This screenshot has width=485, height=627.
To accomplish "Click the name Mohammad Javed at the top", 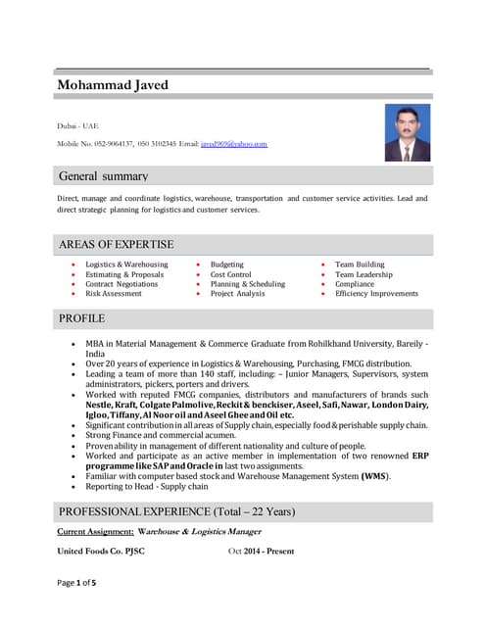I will point(113,85).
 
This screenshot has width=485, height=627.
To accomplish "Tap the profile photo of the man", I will point(407,132).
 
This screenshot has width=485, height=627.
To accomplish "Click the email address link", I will point(234,144).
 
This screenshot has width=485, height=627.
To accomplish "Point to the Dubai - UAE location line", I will point(77,125).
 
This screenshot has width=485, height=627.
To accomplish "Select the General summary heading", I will point(104,176).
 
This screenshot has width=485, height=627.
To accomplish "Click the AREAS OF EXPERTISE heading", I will point(116,244).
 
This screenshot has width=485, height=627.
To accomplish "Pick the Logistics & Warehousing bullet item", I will point(126,265).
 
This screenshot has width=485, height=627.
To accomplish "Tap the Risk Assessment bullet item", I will point(113,294).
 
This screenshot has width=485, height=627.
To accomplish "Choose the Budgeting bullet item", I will point(226,265).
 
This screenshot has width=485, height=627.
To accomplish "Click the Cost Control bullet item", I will point(230,274).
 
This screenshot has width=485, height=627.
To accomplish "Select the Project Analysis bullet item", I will point(237,294).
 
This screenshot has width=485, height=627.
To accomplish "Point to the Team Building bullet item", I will point(360,265).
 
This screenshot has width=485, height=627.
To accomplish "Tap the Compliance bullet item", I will point(354,284).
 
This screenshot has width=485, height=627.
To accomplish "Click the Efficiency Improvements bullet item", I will point(376,294).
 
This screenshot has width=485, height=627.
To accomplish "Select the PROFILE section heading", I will point(82,318).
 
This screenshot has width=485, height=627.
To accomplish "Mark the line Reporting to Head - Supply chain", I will point(147,486).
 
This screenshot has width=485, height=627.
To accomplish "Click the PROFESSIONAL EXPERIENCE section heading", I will point(176,512).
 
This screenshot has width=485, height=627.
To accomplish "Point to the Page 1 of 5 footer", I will point(76,610).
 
